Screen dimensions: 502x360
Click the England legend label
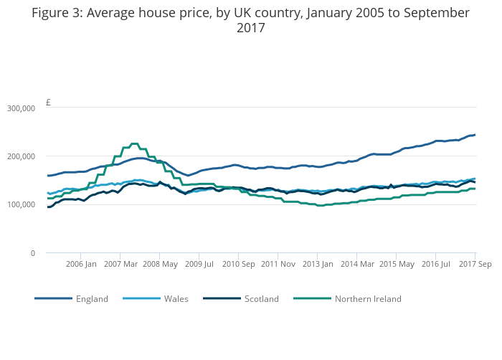tap(92, 299)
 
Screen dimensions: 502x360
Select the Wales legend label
tap(176, 299)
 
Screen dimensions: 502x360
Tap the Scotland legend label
tap(262, 299)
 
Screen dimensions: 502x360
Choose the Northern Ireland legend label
tap(368, 299)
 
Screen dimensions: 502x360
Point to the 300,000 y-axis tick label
tap(21, 108)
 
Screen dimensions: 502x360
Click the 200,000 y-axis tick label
tap(21, 156)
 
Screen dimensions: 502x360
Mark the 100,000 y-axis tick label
tap(21, 204)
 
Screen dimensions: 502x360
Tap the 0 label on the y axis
tap(33, 253)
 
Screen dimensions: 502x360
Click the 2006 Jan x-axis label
tap(81, 264)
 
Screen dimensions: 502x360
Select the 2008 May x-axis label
tap(160, 264)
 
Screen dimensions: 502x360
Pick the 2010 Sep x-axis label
tap(239, 264)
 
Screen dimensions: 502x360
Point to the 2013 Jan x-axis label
tap(318, 264)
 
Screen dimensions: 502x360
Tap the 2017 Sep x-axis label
tap(475, 264)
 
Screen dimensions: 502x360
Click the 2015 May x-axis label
tap(397, 264)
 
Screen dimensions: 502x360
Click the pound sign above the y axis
tap(48, 102)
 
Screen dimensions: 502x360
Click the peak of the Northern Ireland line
tap(135, 143)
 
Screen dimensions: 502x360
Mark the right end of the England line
tap(475, 135)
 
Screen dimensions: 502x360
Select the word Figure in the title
tap(49, 13)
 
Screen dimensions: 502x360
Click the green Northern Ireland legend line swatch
tap(312, 298)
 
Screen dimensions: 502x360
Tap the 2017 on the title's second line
tap(251, 27)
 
